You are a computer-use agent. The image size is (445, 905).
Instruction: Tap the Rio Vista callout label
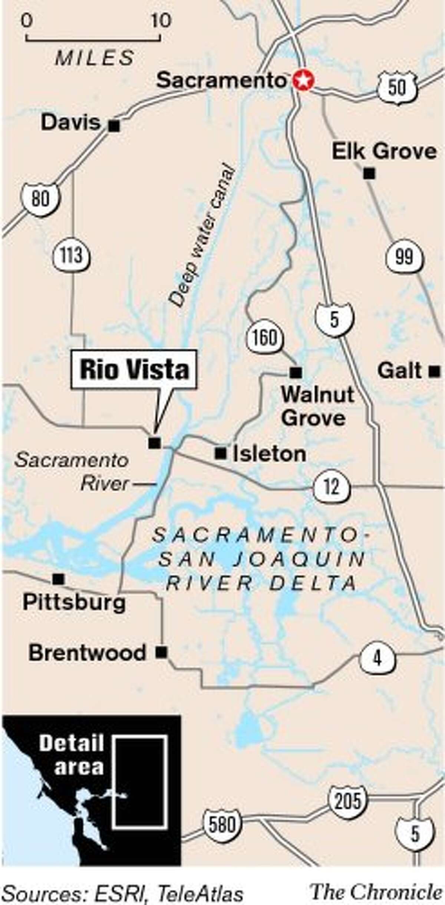click(x=134, y=370)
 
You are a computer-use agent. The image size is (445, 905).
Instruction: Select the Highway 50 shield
click(x=396, y=87)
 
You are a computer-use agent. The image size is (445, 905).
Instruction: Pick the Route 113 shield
click(x=72, y=256)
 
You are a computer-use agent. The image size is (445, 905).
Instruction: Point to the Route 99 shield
click(x=404, y=257)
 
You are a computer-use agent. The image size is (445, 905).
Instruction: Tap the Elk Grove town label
click(x=384, y=151)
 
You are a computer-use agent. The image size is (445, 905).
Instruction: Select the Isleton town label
click(x=270, y=454)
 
